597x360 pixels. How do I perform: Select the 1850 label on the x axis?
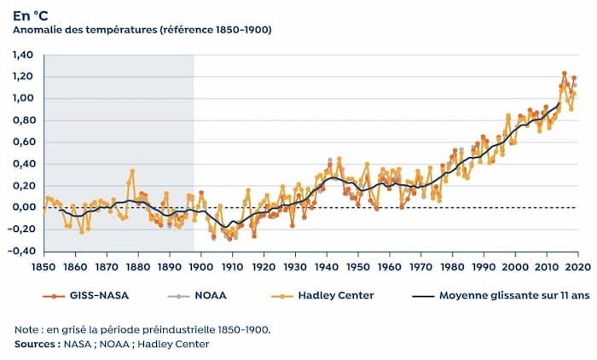tap(43, 265)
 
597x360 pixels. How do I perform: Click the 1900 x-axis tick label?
tap(200, 265)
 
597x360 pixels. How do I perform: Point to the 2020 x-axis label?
tap(577, 265)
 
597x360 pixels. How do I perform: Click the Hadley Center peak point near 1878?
tap(132, 171)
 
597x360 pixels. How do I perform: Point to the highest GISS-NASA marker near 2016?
tap(565, 74)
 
